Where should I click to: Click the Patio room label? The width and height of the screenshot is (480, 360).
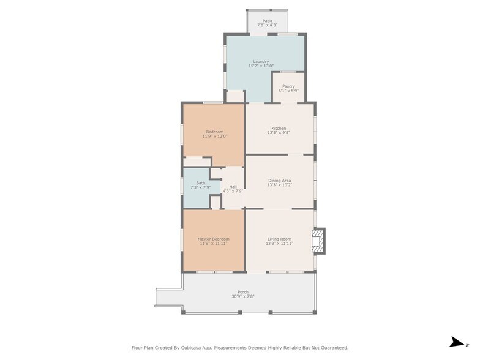267,21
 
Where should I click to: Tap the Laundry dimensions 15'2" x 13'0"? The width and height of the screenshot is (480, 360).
261,66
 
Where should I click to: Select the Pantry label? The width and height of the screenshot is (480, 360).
288,87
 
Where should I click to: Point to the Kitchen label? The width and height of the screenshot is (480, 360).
279,129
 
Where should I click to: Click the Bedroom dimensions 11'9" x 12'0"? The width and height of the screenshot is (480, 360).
214,136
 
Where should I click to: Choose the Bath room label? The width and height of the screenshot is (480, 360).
201,183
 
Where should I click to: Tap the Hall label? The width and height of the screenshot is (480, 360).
233,187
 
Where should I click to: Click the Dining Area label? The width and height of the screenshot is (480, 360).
279,181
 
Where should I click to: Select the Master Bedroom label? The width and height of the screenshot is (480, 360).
213,239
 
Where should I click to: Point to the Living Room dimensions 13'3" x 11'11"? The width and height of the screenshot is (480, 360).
279,244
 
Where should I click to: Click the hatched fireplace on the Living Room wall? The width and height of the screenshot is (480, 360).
318,241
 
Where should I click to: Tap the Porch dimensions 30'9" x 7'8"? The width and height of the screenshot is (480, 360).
242,296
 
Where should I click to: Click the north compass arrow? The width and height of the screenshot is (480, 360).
457,342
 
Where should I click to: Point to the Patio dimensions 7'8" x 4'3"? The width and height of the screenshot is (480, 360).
267,25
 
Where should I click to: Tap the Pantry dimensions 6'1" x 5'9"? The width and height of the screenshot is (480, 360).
288,91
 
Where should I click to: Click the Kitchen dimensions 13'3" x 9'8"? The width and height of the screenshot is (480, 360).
279,133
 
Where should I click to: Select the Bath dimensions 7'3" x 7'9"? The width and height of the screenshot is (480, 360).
201,187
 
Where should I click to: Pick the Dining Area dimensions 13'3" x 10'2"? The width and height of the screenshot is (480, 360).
279,185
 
